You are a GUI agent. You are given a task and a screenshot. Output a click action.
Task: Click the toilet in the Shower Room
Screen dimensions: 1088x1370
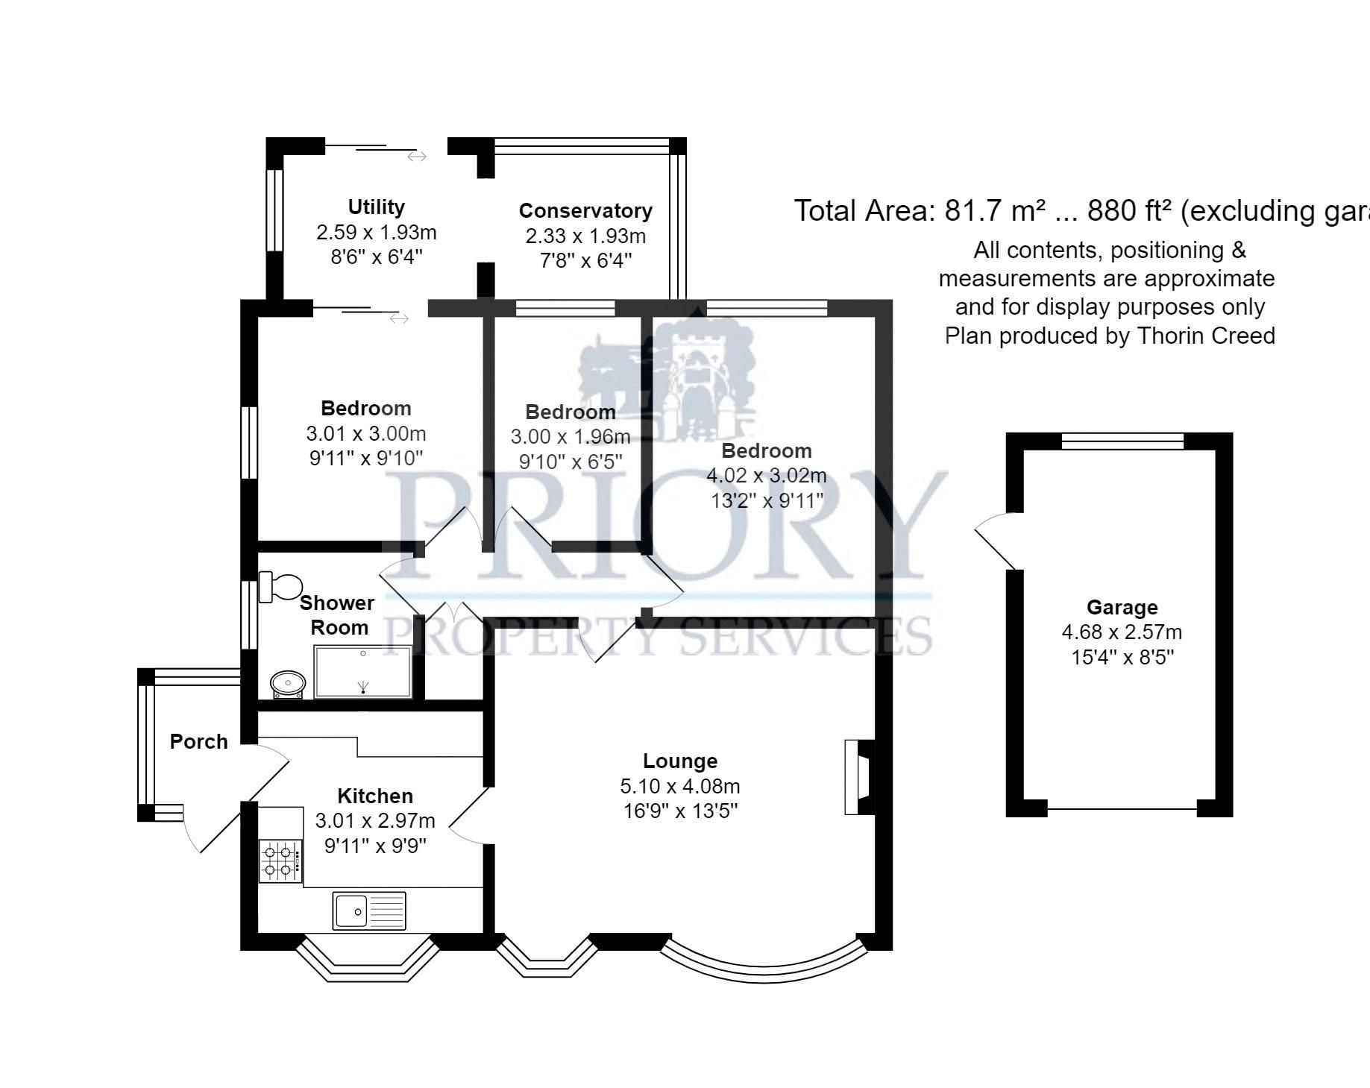click(x=280, y=587)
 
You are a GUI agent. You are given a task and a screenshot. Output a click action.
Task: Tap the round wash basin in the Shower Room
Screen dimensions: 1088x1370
click(x=288, y=682)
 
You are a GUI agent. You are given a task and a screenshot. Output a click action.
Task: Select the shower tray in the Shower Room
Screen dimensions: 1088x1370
click(x=363, y=672)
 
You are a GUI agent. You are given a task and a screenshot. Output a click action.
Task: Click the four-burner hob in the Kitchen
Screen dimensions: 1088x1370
click(x=280, y=861)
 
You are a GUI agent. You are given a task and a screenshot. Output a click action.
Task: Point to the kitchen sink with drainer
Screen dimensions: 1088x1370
click(x=369, y=911)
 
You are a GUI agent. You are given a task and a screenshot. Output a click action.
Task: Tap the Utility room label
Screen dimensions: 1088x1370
click(x=376, y=207)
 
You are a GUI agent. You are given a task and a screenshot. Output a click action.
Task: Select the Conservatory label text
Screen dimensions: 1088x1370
click(x=585, y=211)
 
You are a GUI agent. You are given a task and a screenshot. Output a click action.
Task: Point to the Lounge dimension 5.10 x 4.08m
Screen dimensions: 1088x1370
click(x=679, y=786)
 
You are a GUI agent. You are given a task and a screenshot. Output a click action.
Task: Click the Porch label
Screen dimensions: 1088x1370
click(x=198, y=741)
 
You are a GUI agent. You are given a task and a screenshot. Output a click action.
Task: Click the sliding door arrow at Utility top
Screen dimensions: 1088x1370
click(x=416, y=157)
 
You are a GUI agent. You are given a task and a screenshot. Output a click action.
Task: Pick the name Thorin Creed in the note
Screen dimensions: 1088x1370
click(x=1206, y=336)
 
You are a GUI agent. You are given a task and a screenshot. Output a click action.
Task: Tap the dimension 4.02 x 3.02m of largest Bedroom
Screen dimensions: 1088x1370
click(x=766, y=475)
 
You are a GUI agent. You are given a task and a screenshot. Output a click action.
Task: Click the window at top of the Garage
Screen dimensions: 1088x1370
click(x=1122, y=441)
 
